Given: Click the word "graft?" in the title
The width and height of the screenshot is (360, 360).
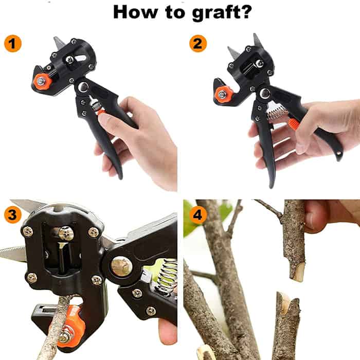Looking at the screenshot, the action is [222, 13].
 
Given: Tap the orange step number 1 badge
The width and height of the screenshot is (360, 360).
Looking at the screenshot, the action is [13, 44].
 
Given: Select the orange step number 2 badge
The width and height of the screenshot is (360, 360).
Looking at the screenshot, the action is [198, 43].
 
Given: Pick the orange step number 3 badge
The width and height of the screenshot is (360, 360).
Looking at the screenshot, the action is [13, 214].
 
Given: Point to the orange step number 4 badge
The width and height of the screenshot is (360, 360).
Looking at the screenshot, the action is [198, 214].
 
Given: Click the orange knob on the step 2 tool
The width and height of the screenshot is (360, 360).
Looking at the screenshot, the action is [222, 95].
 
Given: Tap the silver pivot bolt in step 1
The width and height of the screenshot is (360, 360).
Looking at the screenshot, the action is [83, 87].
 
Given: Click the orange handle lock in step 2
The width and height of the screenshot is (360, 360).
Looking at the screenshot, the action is [294, 123].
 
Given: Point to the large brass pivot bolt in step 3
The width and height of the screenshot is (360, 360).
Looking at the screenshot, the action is [122, 266].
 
